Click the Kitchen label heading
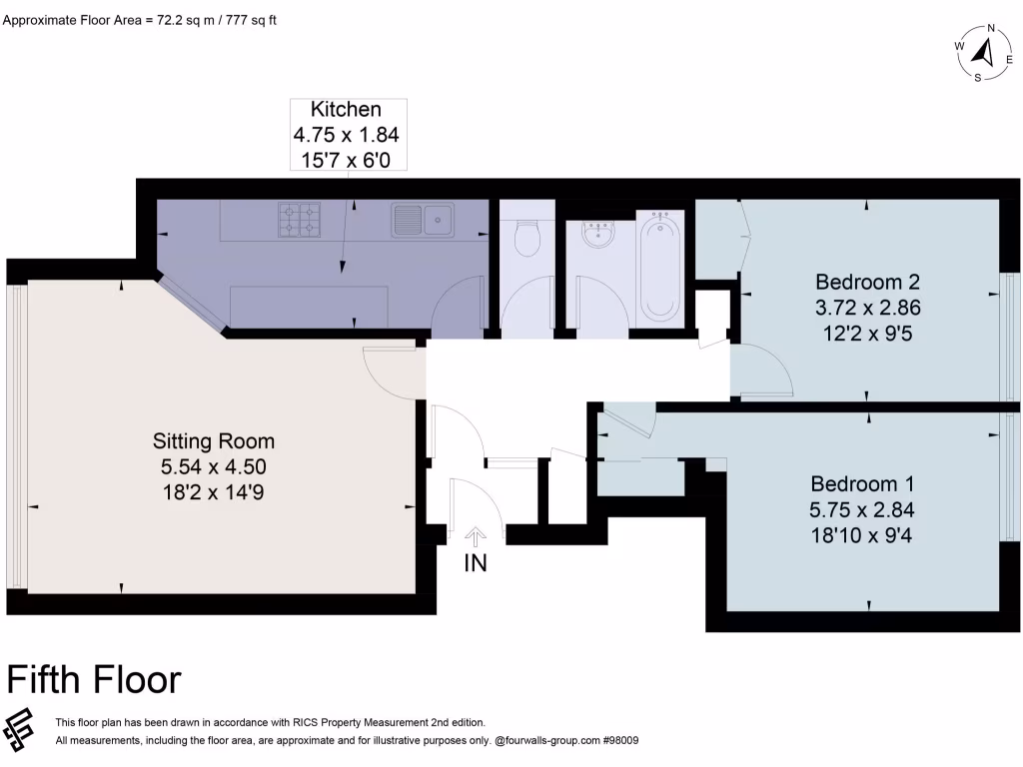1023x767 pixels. click(x=346, y=110)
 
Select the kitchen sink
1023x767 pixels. click(x=423, y=219)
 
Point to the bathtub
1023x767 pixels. click(x=660, y=265)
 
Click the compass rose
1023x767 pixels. click(x=983, y=53)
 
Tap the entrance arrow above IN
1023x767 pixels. click(x=476, y=537)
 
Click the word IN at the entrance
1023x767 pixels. click(x=476, y=563)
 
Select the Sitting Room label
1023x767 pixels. click(x=213, y=440)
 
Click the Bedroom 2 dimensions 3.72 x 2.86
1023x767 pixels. click(x=866, y=307)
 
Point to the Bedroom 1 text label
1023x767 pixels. click(x=861, y=483)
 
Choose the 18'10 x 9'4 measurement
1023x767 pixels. click(x=861, y=535)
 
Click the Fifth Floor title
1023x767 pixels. click(x=94, y=679)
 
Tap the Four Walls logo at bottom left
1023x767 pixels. click(x=20, y=730)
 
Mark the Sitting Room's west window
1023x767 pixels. click(x=14, y=436)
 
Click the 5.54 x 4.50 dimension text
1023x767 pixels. click(x=213, y=465)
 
